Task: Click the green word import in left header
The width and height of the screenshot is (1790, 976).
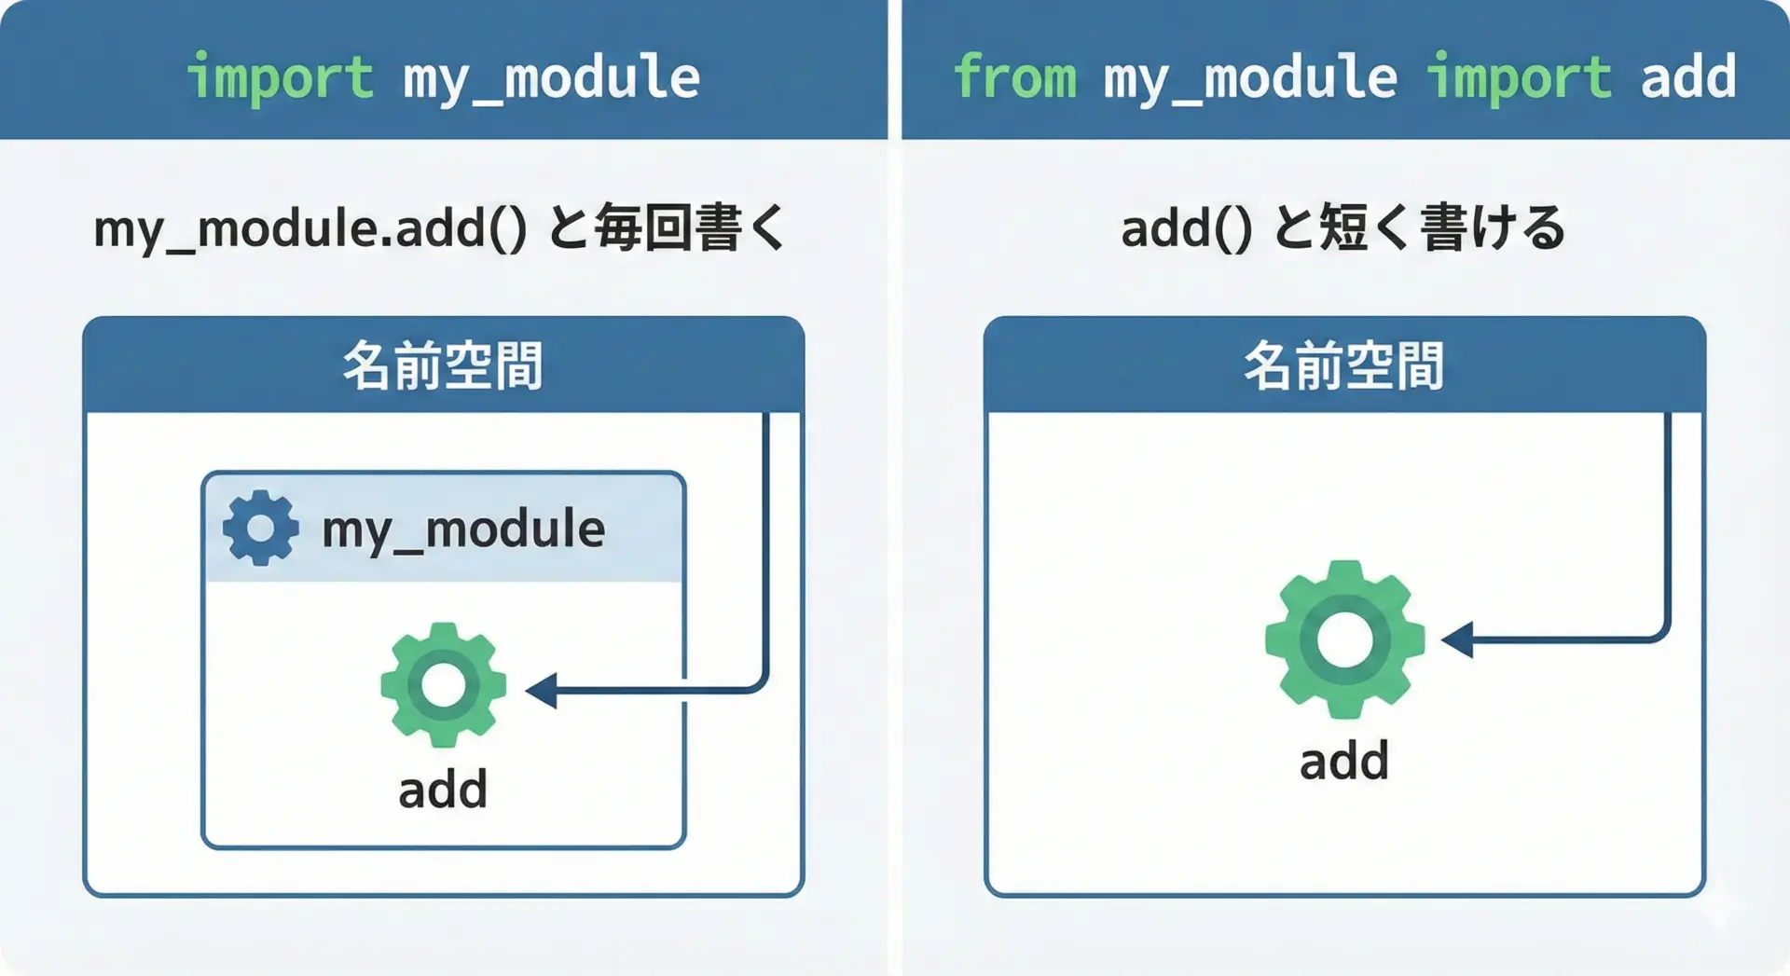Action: click(x=280, y=77)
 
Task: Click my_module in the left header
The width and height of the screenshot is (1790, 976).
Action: click(x=551, y=77)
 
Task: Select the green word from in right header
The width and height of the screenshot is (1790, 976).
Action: click(x=1014, y=77)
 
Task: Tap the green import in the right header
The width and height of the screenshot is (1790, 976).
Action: click(x=1520, y=77)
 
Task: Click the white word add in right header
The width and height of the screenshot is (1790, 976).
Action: click(x=1688, y=77)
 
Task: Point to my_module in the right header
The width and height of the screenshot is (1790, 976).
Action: click(x=1250, y=77)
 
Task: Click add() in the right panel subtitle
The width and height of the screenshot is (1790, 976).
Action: click(x=1186, y=228)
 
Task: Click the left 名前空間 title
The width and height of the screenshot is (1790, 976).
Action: click(x=443, y=365)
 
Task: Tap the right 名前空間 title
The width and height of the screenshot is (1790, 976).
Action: click(x=1344, y=365)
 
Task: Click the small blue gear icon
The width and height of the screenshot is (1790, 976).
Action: click(x=261, y=528)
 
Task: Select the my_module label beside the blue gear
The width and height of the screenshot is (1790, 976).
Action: click(x=463, y=529)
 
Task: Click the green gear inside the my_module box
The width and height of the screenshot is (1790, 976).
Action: click(x=444, y=685)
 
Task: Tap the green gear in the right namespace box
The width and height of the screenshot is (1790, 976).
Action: click(x=1344, y=639)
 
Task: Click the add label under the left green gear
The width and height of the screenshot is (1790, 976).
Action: click(x=443, y=790)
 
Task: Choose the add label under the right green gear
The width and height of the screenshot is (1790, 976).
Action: click(x=1344, y=761)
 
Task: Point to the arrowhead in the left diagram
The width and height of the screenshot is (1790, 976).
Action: click(x=542, y=691)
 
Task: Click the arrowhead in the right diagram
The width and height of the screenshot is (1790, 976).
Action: click(x=1457, y=639)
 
